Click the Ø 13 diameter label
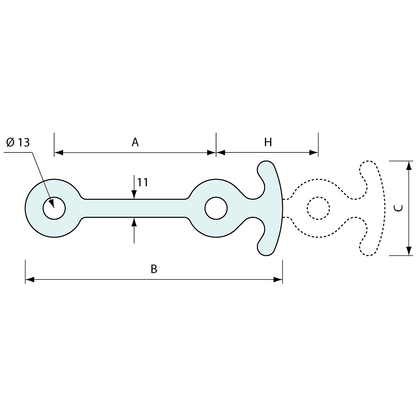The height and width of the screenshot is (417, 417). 18,143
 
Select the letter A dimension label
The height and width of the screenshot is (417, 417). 135,143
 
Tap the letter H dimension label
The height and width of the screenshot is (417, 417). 268,143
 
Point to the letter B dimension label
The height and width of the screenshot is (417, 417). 154,269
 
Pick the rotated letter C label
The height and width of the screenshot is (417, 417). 398,208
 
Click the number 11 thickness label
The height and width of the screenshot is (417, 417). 143,182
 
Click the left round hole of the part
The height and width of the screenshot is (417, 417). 54,208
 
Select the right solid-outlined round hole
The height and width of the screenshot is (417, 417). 216,208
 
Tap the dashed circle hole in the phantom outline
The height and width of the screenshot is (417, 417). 318,208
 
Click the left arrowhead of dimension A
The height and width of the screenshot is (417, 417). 58,153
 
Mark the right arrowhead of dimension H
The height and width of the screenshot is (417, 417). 314,153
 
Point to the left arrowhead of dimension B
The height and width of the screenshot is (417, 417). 30,279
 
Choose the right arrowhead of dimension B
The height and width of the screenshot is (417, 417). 278,279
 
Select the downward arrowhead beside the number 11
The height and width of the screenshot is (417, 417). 134,195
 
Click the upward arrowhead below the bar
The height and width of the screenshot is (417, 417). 134,222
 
